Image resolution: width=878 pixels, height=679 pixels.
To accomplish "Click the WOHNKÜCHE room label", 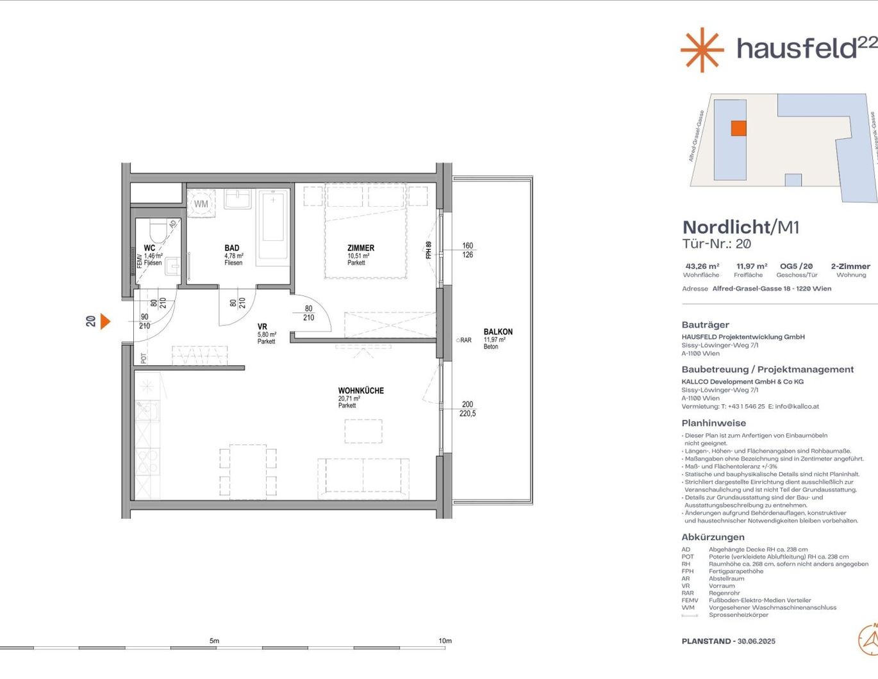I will tap(361, 391).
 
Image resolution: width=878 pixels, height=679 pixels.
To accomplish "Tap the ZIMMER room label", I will tap(361, 248).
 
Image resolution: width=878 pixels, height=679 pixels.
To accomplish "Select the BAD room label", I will tap(232, 248).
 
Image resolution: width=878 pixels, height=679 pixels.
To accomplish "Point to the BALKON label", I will tap(498, 332).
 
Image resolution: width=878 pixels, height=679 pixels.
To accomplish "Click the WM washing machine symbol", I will tap(201, 204).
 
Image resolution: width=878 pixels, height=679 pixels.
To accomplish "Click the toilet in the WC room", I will tap(156, 229).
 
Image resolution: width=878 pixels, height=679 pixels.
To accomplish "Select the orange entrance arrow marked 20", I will tap(105, 321).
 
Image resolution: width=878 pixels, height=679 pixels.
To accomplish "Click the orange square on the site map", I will tap(738, 128).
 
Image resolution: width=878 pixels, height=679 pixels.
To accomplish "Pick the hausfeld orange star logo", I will tap(702, 49).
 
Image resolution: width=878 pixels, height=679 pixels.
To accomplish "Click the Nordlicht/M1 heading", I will tap(740, 227).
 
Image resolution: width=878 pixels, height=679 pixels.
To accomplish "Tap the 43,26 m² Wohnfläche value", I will tap(702, 266).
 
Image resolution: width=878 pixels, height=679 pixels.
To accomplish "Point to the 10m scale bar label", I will tap(445, 641).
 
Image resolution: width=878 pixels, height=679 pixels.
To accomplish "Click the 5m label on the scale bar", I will tap(214, 641).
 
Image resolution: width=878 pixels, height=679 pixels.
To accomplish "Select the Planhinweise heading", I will tap(713, 423).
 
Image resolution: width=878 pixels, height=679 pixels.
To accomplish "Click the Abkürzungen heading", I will tap(713, 537).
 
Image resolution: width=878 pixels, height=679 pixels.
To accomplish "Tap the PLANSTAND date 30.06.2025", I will tap(756, 641).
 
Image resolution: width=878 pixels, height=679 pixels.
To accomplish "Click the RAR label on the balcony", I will tap(465, 340).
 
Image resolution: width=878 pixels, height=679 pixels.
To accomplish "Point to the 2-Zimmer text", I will tap(850, 266).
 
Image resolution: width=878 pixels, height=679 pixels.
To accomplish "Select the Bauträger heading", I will tap(705, 325).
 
